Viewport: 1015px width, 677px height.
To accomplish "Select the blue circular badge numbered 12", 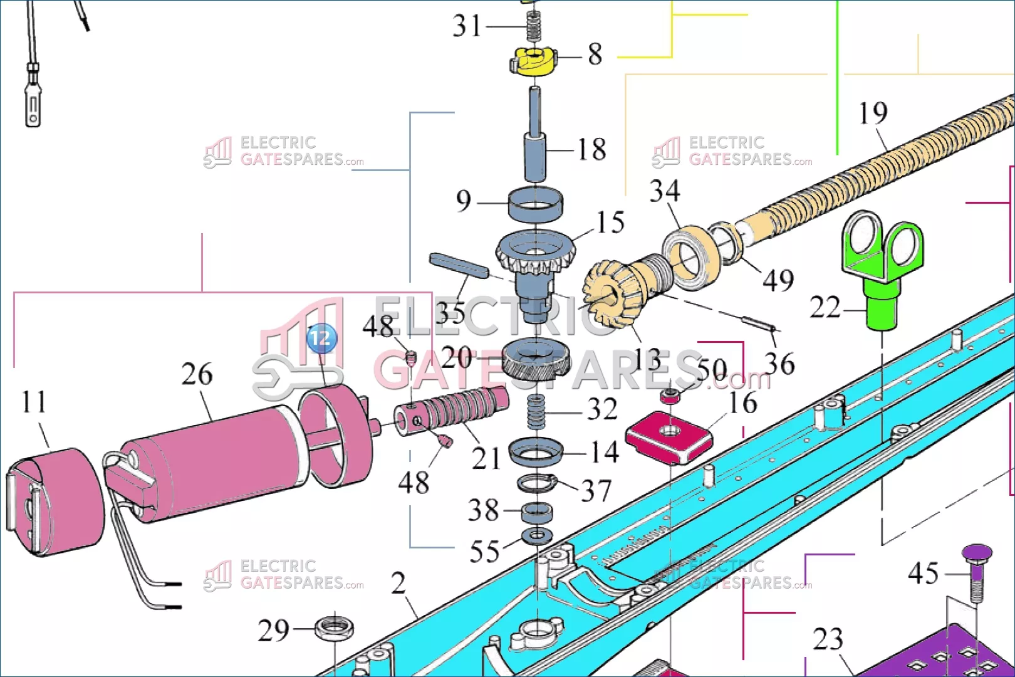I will (x=321, y=338).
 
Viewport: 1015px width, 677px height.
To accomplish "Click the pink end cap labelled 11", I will (x=55, y=501).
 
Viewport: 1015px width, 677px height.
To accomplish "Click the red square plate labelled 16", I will (x=669, y=437).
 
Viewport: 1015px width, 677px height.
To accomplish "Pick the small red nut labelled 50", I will (x=670, y=396).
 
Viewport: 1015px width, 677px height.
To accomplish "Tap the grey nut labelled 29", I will (x=333, y=627).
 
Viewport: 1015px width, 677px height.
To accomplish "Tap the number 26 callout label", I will (x=197, y=374).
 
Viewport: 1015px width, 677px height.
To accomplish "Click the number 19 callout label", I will (x=873, y=113).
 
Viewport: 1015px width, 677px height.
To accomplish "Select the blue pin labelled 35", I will (x=458, y=265).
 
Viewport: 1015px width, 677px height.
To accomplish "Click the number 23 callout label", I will (x=828, y=639).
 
